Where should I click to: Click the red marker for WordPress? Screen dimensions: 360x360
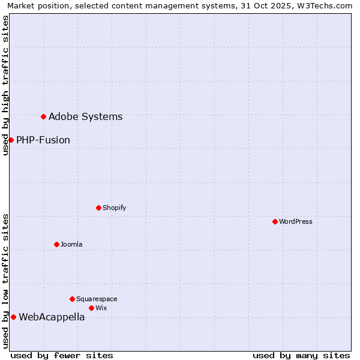275,221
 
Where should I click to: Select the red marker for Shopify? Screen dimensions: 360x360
98,208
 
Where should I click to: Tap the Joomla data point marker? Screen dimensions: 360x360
56,244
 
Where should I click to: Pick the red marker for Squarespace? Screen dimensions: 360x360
72,299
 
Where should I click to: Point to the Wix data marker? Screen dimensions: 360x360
91,308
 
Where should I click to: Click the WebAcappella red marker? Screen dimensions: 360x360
13,317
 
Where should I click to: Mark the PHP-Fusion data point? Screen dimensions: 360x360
11,140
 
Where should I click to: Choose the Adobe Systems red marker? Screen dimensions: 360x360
43,116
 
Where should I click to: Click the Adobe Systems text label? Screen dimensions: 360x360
85,117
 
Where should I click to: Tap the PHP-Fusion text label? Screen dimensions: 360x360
43,140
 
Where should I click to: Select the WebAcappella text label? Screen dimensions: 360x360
52,317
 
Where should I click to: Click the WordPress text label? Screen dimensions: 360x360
295,221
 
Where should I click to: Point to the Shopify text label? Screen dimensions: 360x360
114,208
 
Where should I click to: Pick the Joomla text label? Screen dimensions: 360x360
71,244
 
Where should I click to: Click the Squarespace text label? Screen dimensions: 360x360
97,299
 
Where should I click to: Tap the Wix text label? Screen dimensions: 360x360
101,308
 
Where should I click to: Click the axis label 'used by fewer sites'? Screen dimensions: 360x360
62,355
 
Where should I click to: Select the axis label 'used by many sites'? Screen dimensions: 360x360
301,355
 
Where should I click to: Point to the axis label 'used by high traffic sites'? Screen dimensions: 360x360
5,85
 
